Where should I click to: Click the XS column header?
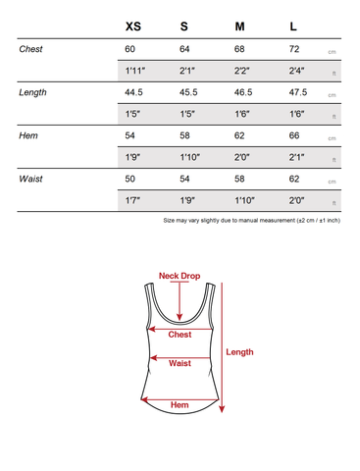[132, 26]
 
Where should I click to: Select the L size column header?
[293, 26]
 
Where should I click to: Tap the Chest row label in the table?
[31, 49]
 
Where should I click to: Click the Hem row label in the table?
[28, 135]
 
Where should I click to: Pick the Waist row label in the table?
[31, 180]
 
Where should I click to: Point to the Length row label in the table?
[32, 92]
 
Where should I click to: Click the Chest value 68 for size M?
[240, 49]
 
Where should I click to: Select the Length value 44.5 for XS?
[134, 92]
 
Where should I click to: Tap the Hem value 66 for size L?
[294, 135]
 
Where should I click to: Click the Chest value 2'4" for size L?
[296, 71]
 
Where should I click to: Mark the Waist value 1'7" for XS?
[134, 200]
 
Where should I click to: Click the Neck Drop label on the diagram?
[180, 277]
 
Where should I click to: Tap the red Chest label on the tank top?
[180, 335]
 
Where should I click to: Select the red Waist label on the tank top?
[180, 364]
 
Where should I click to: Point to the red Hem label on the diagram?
[180, 404]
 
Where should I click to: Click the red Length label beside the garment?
[239, 352]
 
